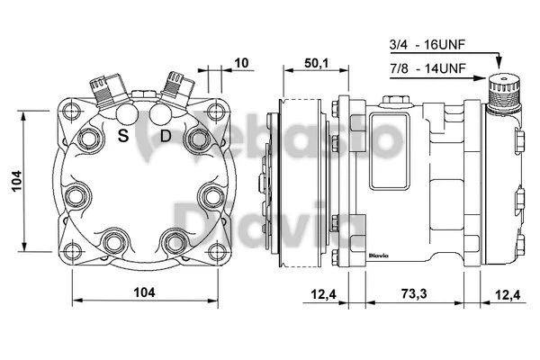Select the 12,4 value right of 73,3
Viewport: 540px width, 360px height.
click(508, 293)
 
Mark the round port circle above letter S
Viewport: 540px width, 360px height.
click(127, 114)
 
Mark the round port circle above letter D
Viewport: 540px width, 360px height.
click(160, 114)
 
